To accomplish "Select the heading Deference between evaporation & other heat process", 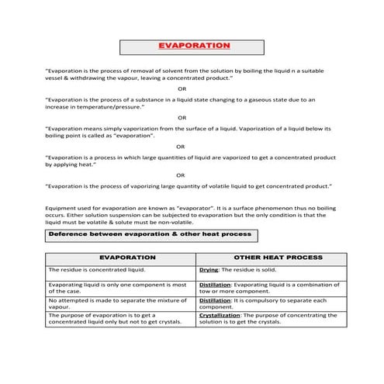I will point(150,234).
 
